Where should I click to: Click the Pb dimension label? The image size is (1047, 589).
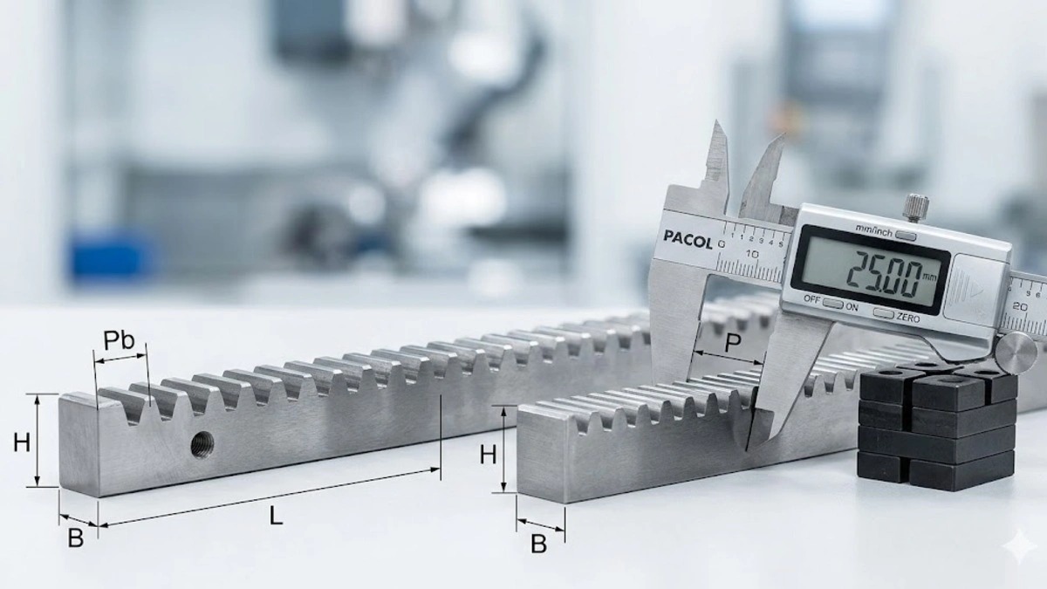(119, 341)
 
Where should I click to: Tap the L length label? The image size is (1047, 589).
(277, 516)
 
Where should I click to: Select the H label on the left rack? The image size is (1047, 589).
(22, 442)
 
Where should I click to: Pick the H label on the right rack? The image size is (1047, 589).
(488, 455)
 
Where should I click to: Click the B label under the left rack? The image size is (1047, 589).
(76, 538)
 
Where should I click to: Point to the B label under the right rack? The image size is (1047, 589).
(539, 544)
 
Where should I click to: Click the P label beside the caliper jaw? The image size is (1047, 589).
(732, 344)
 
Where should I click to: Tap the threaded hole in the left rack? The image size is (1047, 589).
(202, 444)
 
